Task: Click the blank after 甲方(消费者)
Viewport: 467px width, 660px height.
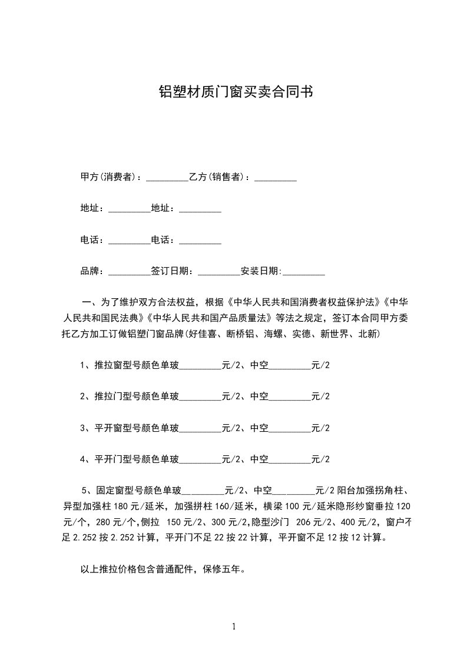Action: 167,177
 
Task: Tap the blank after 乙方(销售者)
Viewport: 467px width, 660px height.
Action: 275,177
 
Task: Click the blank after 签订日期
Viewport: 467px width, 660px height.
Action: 219,271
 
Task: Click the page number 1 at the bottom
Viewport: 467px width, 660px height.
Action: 234,626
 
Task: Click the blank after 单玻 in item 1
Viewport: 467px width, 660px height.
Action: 200,365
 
